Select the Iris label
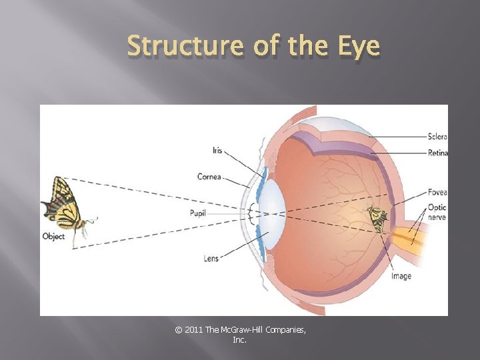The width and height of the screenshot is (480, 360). click(217, 151)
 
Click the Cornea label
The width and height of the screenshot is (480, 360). click(209, 177)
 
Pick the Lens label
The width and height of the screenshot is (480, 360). click(211, 257)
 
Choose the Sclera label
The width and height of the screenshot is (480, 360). click(437, 137)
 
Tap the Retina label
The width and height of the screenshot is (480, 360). click(437, 153)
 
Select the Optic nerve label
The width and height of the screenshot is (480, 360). click(437, 212)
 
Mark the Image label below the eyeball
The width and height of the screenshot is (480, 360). click(401, 276)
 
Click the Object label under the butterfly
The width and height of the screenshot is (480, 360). click(53, 237)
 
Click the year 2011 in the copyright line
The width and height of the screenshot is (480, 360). click(192, 330)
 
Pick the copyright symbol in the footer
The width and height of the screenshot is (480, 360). click(177, 330)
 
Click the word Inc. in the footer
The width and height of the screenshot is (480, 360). click(240, 340)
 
